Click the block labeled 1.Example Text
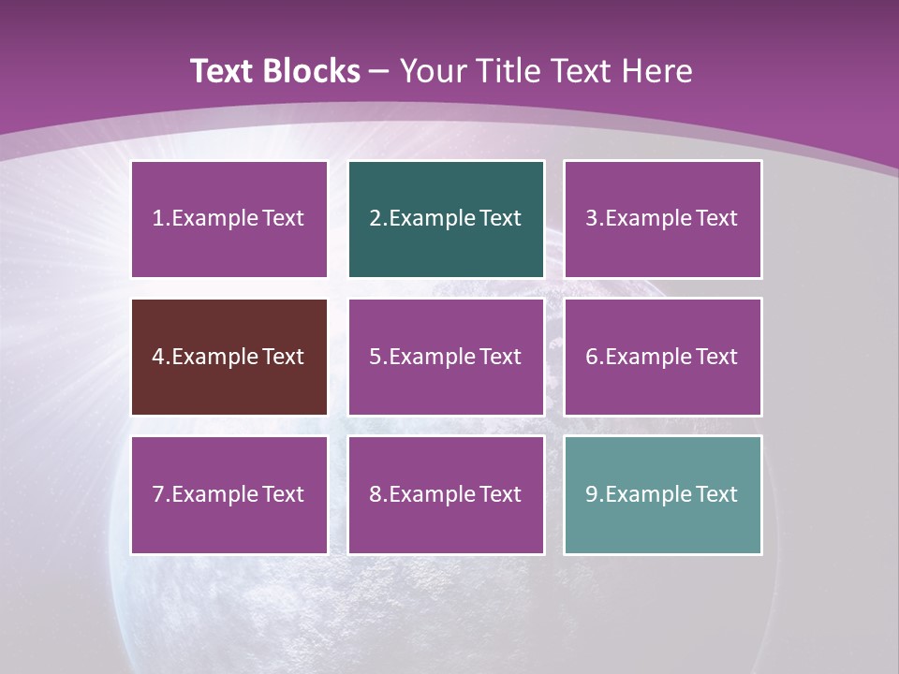(x=229, y=219)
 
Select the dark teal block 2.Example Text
(x=446, y=219)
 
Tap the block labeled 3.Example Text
(x=662, y=219)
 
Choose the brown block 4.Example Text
(x=229, y=357)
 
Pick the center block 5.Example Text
(x=446, y=357)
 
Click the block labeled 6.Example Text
(x=662, y=357)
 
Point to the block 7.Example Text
(x=229, y=494)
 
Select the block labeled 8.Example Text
(x=446, y=494)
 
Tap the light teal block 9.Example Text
(x=662, y=494)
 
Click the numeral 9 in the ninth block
(x=592, y=494)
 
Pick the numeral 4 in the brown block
(x=158, y=357)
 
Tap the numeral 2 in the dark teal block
(x=376, y=219)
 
